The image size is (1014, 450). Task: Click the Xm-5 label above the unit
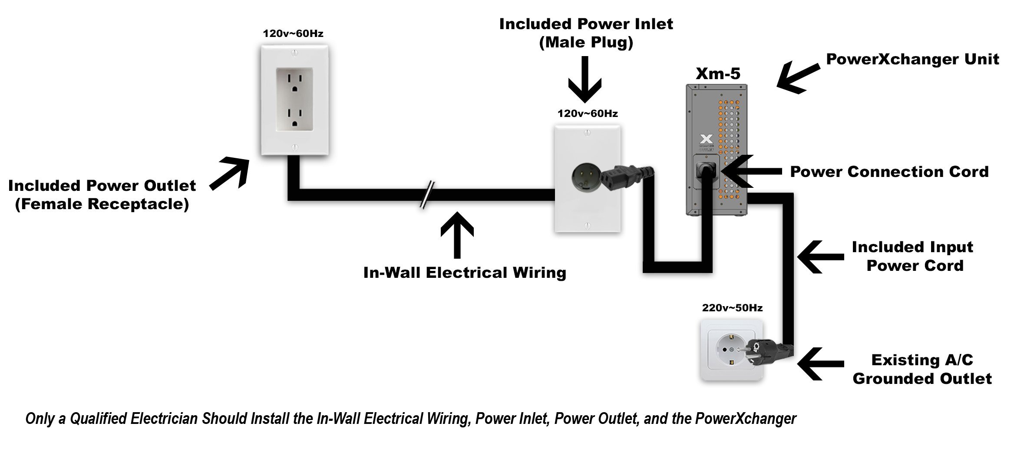(x=718, y=73)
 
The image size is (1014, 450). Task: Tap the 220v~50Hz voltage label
(x=732, y=308)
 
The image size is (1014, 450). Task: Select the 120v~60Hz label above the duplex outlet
(x=293, y=33)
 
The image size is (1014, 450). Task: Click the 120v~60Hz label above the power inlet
(x=588, y=114)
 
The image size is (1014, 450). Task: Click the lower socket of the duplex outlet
(x=295, y=120)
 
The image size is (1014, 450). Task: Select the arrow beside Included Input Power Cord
(x=820, y=257)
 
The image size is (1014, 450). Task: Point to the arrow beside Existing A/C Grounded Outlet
(x=820, y=363)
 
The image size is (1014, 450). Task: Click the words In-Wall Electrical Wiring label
(x=465, y=273)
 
